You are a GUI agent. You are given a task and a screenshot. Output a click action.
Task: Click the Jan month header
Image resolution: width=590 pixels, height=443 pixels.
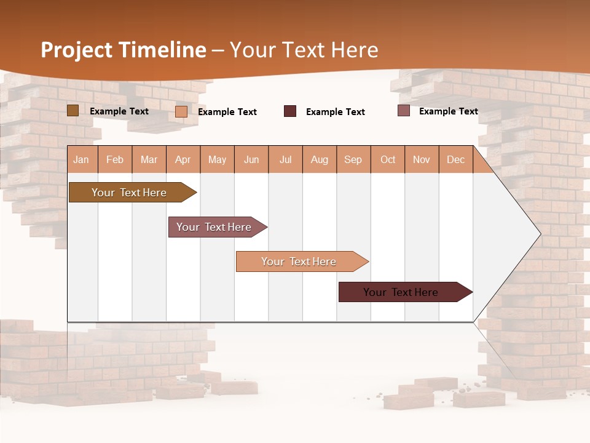[81, 160]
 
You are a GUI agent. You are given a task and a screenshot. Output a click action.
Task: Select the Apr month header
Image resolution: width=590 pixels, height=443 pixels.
[183, 160]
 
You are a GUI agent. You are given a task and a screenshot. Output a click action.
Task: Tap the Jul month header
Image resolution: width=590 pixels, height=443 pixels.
[285, 160]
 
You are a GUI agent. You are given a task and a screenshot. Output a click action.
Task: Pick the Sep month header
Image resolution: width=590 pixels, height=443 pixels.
[353, 160]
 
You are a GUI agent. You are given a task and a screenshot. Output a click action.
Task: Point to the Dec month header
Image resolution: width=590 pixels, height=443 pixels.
[455, 160]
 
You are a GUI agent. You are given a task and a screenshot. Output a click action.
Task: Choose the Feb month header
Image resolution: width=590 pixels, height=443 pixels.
[115, 160]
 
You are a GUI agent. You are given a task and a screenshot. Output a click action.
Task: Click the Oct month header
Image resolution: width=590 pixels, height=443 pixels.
[388, 160]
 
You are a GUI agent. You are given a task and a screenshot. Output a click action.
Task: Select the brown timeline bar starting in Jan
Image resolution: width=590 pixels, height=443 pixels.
[129, 193]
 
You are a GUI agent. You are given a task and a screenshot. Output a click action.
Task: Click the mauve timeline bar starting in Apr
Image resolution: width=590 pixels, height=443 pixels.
[214, 227]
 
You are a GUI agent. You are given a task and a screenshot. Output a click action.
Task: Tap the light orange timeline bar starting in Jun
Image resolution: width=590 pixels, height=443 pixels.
[299, 261]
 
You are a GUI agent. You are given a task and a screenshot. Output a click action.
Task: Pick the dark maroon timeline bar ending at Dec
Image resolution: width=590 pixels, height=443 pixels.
[401, 292]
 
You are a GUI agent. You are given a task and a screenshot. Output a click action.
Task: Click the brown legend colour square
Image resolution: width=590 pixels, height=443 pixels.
[73, 111]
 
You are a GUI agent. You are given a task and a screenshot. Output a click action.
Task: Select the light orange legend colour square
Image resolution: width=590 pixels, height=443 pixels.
[181, 111]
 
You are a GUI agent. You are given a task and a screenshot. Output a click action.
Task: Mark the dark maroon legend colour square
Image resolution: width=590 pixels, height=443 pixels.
[290, 111]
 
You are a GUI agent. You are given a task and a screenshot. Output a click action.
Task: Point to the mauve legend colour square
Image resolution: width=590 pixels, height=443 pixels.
[404, 111]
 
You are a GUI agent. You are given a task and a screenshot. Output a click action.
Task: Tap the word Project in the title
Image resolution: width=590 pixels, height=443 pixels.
[76, 50]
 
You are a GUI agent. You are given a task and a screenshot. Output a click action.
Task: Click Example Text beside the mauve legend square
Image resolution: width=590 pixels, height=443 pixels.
[449, 111]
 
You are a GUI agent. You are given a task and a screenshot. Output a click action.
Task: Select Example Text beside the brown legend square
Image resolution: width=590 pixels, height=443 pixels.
[119, 111]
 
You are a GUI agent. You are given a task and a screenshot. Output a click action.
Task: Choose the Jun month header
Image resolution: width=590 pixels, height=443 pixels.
[251, 160]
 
